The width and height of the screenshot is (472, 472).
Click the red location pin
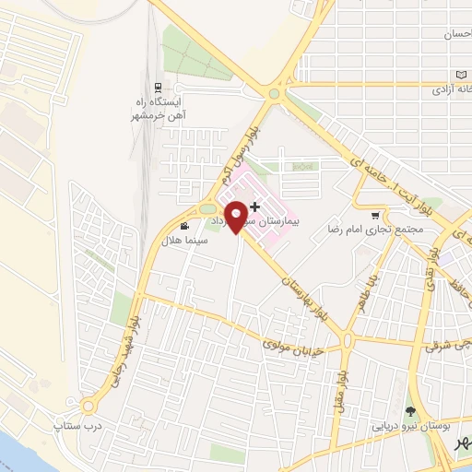point(238,215)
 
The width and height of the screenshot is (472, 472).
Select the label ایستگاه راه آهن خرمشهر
point(154,109)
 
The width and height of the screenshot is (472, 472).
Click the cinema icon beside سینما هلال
point(185,225)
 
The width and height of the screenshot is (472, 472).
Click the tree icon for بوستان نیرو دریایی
point(410,411)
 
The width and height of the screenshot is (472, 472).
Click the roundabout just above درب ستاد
point(89,405)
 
